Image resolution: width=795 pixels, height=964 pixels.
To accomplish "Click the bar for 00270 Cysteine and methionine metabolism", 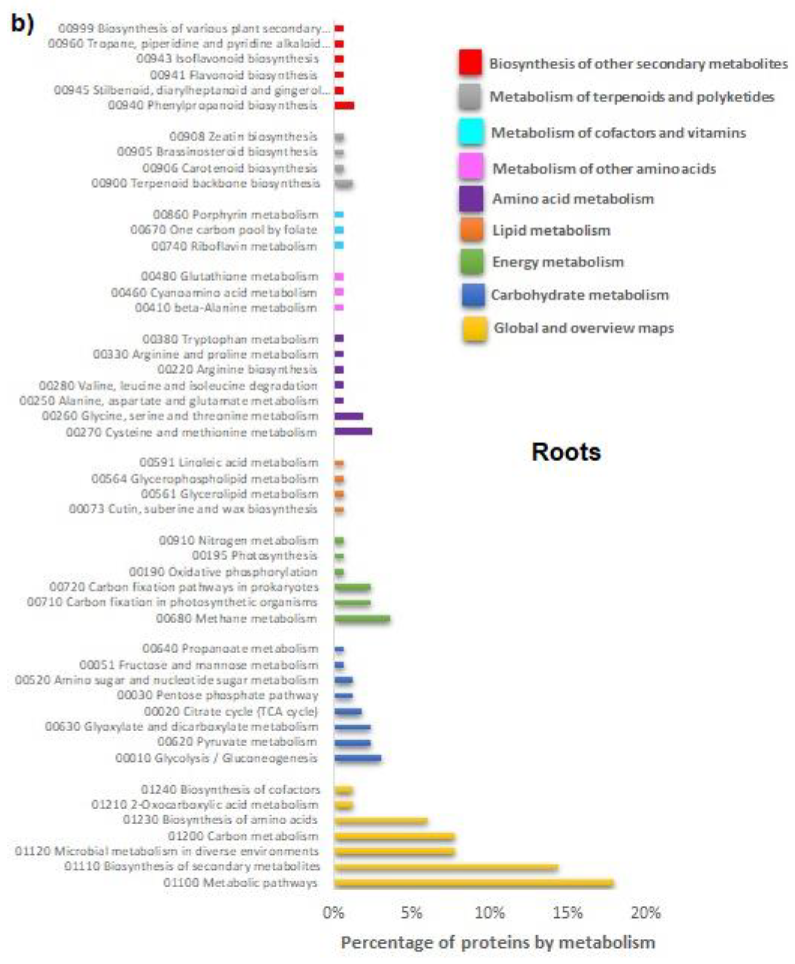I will point(353,431).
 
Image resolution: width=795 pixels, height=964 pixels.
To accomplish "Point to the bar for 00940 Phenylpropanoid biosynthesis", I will point(344,105).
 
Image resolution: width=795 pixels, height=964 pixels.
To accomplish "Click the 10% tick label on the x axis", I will point(489,913).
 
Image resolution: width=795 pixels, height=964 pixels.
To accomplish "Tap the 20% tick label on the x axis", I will point(646,913).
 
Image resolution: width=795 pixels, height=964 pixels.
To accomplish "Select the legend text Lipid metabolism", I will point(551,230).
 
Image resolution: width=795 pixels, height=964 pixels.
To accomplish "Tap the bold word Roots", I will point(566,452).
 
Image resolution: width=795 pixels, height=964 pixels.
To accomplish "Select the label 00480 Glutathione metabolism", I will point(229,276).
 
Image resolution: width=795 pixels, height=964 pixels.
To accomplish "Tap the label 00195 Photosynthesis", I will point(254,556).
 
